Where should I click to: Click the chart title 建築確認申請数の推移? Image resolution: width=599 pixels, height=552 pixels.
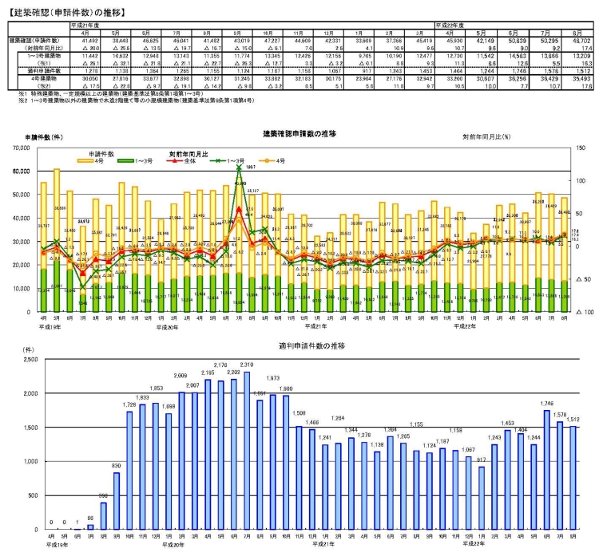299,133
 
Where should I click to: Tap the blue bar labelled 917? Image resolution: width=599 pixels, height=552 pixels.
480,495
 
